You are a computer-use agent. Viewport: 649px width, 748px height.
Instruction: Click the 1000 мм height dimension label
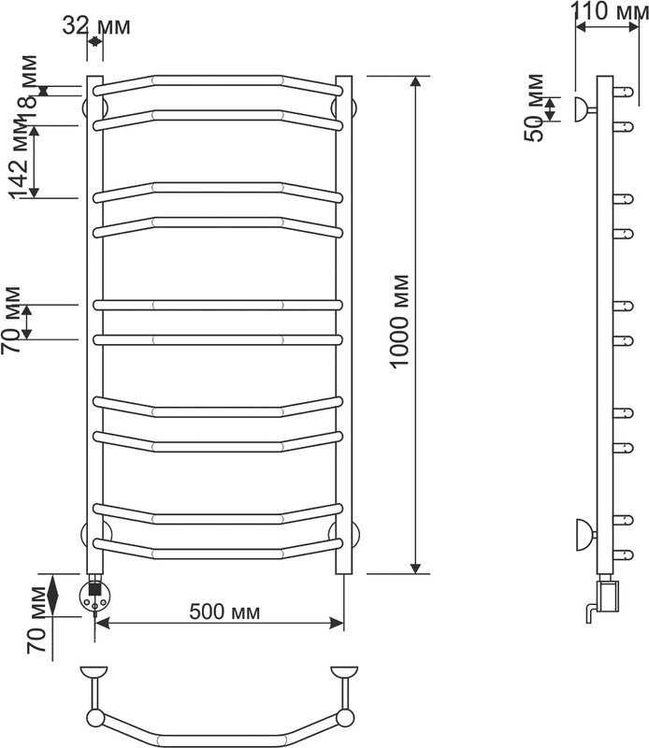(x=399, y=321)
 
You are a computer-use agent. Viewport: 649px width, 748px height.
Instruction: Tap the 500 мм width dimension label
(x=224, y=611)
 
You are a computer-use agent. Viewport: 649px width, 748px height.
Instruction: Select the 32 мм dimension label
(x=96, y=26)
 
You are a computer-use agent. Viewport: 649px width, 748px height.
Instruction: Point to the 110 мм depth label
(x=610, y=11)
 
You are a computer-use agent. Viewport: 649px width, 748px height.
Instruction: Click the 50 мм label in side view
(x=534, y=108)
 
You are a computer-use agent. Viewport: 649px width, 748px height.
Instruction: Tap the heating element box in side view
(x=608, y=595)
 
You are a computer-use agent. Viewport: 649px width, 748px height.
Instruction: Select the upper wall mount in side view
(x=584, y=109)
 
